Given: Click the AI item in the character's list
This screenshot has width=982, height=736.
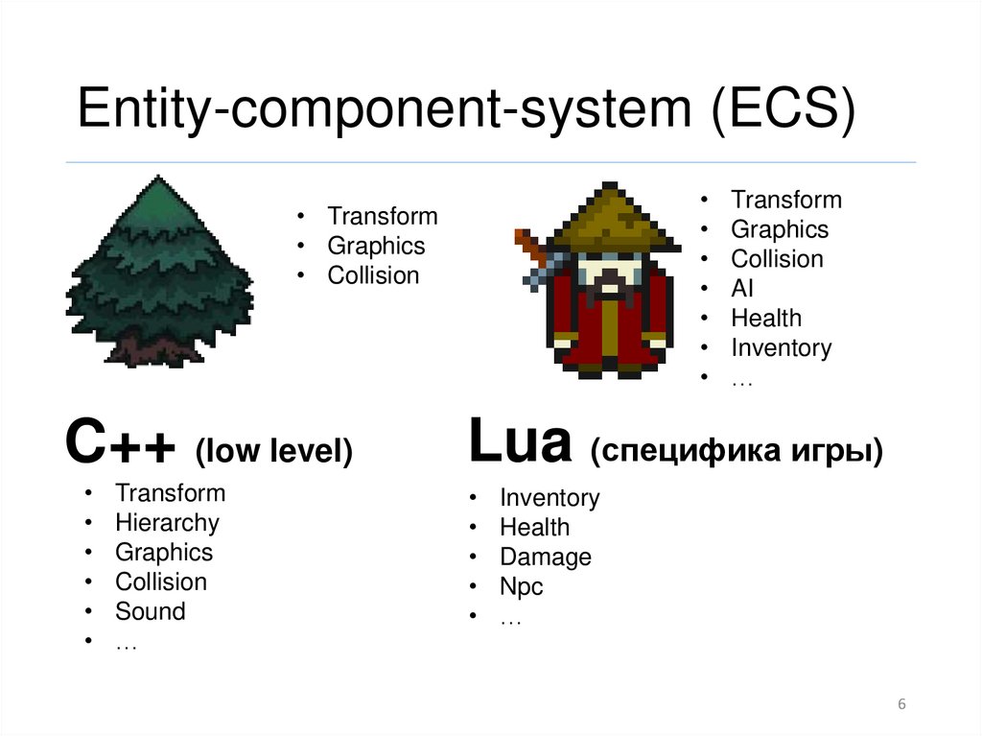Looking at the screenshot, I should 742,288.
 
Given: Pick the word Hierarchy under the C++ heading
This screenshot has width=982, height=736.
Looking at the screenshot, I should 167,523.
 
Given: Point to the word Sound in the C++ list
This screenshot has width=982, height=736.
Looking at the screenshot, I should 151,611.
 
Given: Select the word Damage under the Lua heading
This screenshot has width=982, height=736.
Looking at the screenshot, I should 546,557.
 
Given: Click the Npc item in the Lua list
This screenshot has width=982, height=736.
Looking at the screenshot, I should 521,586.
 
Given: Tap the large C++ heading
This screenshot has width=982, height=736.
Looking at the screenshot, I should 121,446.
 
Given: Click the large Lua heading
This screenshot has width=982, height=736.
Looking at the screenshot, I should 519,443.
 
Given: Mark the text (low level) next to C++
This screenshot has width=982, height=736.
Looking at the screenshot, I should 273,452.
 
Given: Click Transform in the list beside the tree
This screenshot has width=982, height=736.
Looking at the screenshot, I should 382,216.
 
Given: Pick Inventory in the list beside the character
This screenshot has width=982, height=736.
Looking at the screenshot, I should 781,347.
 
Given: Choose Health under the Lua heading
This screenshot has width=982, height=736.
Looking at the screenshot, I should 534,527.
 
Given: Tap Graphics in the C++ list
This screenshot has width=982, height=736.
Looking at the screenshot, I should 164,552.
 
